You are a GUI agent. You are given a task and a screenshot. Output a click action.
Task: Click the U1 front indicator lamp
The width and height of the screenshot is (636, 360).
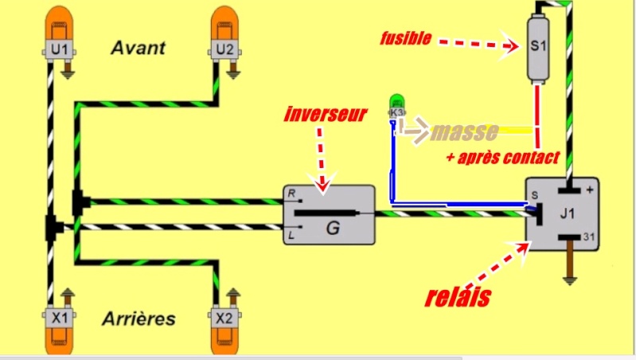pos(58,32)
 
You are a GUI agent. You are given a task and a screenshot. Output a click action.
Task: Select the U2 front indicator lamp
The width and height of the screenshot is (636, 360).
pos(225,32)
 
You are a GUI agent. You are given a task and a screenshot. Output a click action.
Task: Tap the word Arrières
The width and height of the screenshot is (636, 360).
pos(139,319)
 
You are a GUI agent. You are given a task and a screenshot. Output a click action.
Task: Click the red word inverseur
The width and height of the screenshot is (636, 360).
pos(325,115)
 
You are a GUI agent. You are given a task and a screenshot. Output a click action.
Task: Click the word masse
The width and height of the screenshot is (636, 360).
pos(464,131)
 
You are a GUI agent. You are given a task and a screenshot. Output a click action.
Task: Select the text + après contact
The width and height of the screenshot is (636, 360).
pos(503,156)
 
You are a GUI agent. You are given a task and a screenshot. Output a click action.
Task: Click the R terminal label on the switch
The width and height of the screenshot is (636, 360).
pos(291,194)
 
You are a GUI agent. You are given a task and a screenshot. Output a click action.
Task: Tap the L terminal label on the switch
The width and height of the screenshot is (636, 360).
pos(291,236)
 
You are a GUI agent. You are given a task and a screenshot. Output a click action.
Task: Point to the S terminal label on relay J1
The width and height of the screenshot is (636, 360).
pos(535,194)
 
